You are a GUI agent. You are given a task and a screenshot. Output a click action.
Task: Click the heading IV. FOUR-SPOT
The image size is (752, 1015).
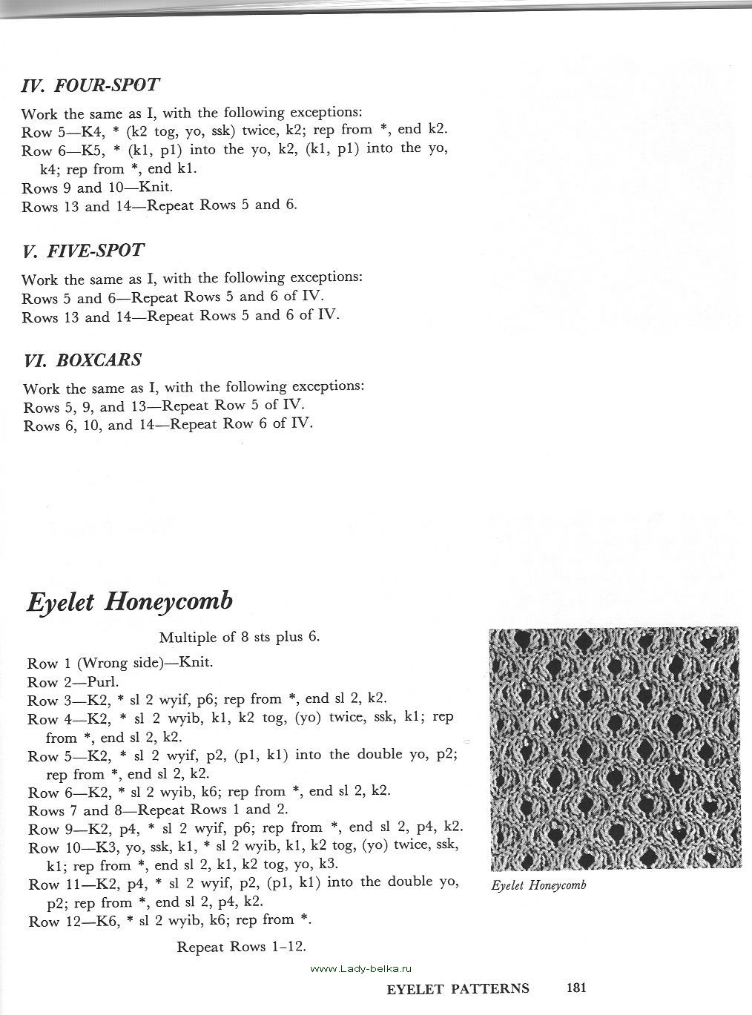tap(90, 85)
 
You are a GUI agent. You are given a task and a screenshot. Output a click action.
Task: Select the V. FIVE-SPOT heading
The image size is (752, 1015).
tap(82, 251)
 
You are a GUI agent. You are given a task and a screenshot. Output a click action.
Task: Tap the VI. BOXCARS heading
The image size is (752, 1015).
tap(82, 360)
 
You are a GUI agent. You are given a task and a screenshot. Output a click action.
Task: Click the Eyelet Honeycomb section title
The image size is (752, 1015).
tap(130, 601)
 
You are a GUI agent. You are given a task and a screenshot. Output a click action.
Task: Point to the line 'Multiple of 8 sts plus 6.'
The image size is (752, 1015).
tap(239, 637)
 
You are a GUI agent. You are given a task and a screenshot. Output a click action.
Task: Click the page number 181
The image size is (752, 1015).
tap(576, 988)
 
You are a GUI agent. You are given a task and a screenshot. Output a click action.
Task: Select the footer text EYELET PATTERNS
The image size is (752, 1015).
tap(458, 988)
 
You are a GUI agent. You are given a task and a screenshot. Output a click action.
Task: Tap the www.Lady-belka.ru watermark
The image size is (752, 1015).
tap(360, 968)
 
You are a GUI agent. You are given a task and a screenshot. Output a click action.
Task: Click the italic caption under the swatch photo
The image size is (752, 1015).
tap(538, 885)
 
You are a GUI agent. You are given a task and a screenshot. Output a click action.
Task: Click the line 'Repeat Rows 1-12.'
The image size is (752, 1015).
tap(241, 947)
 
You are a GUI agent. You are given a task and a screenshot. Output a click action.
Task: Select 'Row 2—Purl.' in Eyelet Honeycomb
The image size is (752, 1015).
tap(73, 682)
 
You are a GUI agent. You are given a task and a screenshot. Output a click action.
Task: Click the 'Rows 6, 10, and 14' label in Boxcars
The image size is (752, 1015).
tap(89, 426)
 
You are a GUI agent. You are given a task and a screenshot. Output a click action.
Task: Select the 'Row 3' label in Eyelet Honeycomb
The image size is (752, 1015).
tap(43, 700)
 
